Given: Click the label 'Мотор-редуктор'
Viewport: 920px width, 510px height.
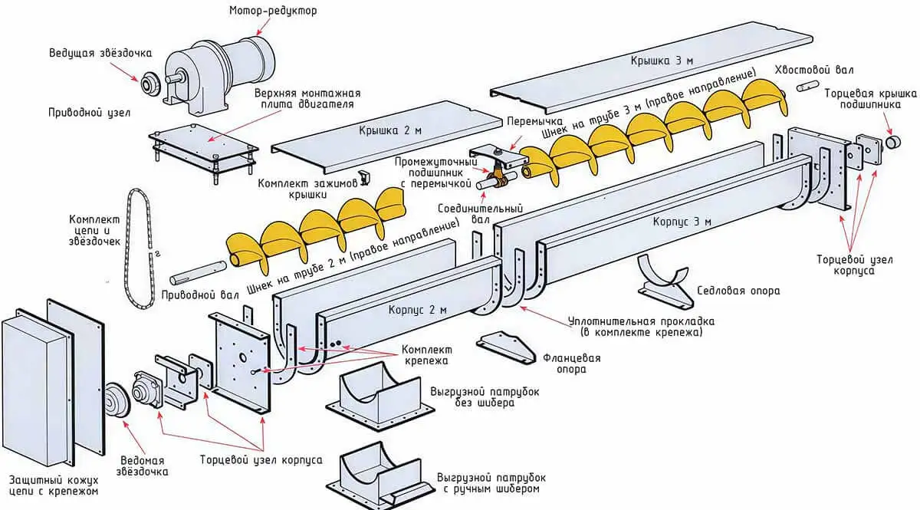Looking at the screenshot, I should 273,11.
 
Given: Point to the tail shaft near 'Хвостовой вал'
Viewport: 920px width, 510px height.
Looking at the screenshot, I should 807,85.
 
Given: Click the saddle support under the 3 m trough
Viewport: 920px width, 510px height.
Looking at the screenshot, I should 665,278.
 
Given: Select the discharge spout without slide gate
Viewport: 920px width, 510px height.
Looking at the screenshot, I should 376,393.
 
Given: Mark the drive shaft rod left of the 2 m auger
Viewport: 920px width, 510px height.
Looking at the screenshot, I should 196,271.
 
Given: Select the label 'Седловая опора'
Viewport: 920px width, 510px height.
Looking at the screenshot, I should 738,291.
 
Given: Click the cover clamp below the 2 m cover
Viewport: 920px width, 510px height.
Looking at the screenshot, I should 365,178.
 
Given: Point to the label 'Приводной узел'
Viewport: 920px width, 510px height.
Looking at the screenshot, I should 90,112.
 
